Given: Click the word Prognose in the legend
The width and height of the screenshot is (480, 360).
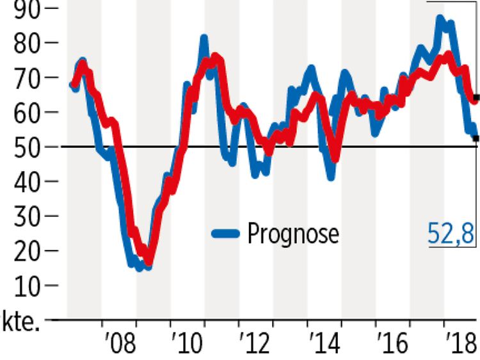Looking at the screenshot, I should [x=293, y=234].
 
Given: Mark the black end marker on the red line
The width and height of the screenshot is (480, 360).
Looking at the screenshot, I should [x=475, y=97].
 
